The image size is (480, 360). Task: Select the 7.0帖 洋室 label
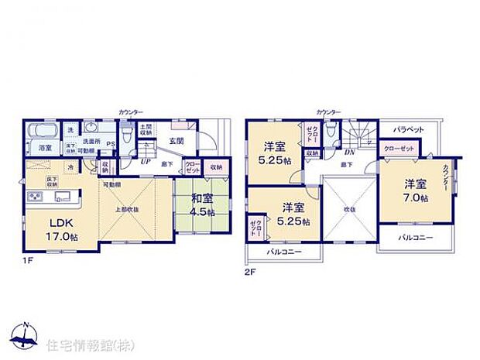click(x=414, y=190)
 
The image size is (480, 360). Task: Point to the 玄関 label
click(x=176, y=141)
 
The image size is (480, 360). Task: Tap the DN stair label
click(x=349, y=153)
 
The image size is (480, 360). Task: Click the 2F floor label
click(x=251, y=272)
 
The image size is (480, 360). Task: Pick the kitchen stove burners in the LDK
click(x=36, y=197)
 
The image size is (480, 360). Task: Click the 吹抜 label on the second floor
click(x=349, y=208)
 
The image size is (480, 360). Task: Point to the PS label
click(x=110, y=143)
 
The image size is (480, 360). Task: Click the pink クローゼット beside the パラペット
click(x=399, y=149)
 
